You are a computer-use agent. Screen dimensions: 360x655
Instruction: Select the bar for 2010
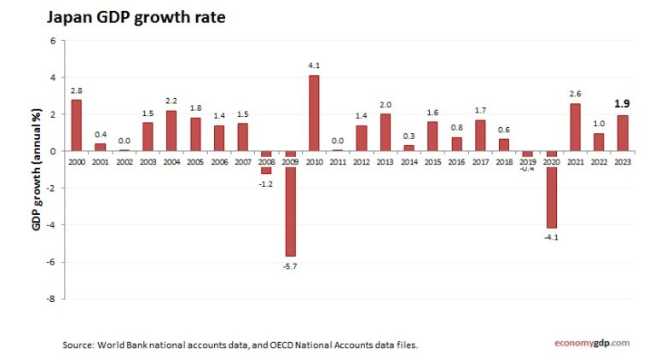(314, 113)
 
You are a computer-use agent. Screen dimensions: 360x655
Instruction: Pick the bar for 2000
(77, 125)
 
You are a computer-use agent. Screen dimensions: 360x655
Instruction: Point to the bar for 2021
(575, 127)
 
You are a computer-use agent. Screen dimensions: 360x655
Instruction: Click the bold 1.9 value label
(623, 104)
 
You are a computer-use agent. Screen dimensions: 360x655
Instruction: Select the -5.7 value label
(290, 265)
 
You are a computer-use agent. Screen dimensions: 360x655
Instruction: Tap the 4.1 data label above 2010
(314, 65)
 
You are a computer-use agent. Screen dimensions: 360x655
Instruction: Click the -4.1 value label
(551, 236)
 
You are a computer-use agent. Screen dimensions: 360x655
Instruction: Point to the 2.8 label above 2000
(77, 90)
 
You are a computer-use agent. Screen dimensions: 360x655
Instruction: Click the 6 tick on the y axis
(53, 40)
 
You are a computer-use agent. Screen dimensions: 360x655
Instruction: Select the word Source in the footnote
(78, 345)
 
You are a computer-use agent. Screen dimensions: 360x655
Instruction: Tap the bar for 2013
(385, 132)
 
